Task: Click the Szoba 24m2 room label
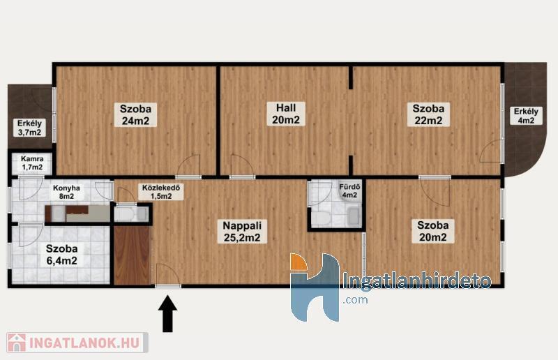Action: (x=135, y=114)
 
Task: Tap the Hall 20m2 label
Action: (x=286, y=114)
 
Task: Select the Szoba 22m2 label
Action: (x=428, y=114)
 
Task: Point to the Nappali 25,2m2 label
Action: (x=242, y=232)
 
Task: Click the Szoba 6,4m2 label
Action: (x=62, y=255)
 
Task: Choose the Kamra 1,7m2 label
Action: (x=32, y=163)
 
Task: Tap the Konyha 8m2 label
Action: (x=66, y=192)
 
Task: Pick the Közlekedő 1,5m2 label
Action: (x=161, y=192)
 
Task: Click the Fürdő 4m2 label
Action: (x=349, y=191)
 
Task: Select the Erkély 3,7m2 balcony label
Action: (x=29, y=128)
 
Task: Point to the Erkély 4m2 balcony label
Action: (x=526, y=116)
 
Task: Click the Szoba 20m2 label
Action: (x=433, y=231)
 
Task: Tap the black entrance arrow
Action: (x=167, y=315)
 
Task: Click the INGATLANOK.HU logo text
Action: (x=84, y=343)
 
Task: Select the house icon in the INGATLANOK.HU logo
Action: (x=16, y=343)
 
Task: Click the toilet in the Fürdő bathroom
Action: (x=321, y=217)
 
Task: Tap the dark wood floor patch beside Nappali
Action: (x=132, y=255)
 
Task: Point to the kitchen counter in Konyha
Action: (x=78, y=213)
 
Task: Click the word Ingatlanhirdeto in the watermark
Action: (x=416, y=280)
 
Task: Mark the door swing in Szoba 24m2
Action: (x=189, y=166)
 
